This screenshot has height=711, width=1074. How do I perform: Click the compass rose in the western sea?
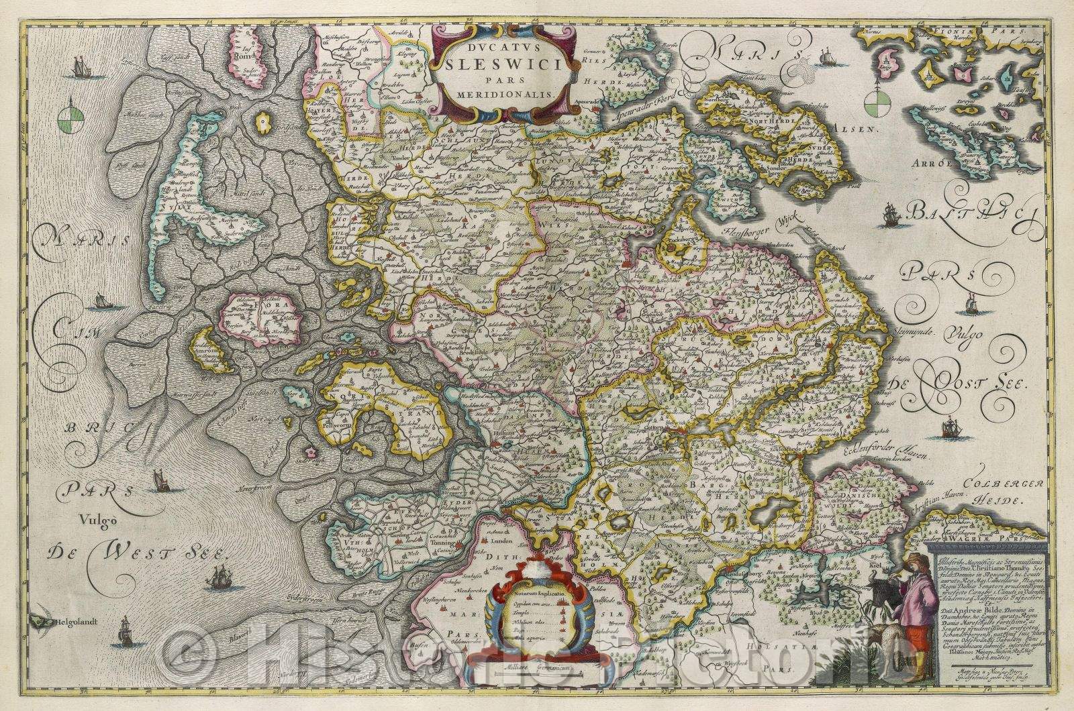[x=69, y=120]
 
